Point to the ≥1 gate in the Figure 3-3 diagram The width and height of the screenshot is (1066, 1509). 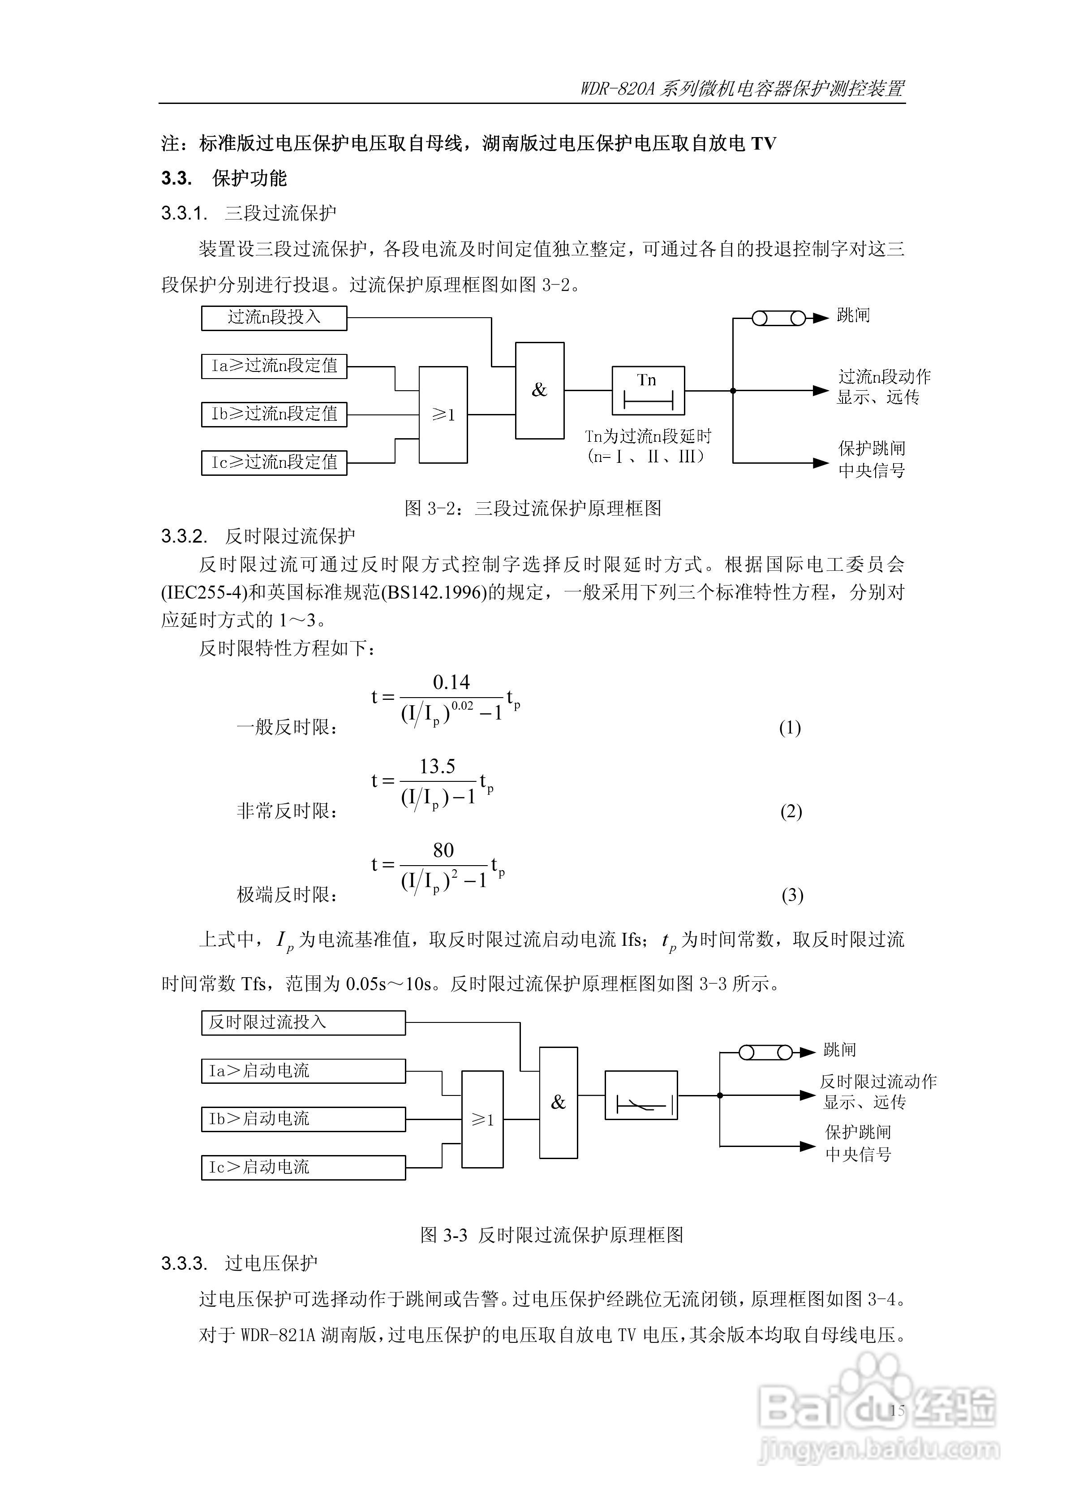pyautogui.click(x=482, y=1119)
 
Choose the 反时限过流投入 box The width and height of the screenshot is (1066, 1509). pyautogui.click(x=303, y=1022)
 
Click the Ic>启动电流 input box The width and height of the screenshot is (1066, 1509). pyautogui.click(x=303, y=1167)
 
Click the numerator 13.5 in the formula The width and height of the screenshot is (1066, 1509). pyautogui.click(x=437, y=766)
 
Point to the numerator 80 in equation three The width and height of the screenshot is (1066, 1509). pyautogui.click(x=443, y=850)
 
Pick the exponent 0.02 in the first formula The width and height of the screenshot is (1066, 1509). pyautogui.click(x=462, y=706)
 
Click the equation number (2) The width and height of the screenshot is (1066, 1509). pyautogui.click(x=791, y=812)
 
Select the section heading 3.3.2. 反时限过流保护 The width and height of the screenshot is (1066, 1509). pyautogui.click(x=258, y=536)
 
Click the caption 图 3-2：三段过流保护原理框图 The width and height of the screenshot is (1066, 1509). pyautogui.click(x=533, y=508)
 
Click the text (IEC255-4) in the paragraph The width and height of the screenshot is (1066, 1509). pyautogui.click(x=204, y=593)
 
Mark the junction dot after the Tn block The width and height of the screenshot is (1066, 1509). pyautogui.click(x=734, y=390)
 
